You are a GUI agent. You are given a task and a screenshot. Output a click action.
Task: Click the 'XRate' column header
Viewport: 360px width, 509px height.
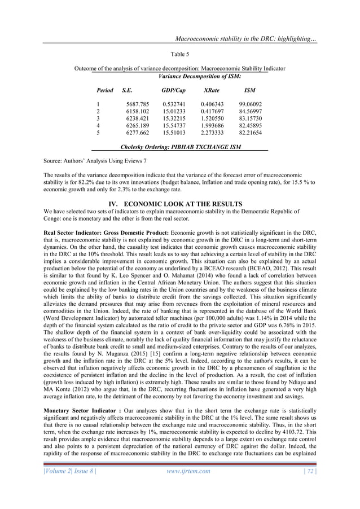tap(212, 90)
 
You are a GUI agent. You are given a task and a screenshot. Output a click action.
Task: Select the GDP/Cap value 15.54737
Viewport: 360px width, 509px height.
tap(174, 126)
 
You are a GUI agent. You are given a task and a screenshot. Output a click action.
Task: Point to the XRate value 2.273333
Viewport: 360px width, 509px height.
tap(212, 134)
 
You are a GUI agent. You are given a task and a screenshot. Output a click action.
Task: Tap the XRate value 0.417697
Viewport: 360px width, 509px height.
tap(212, 112)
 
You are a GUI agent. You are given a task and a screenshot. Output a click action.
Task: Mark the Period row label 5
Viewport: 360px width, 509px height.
tap(99, 134)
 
